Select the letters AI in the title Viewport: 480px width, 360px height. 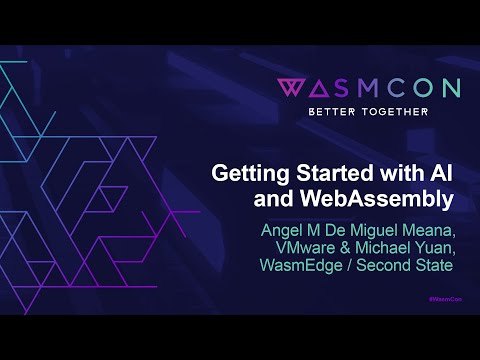coord(443,172)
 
